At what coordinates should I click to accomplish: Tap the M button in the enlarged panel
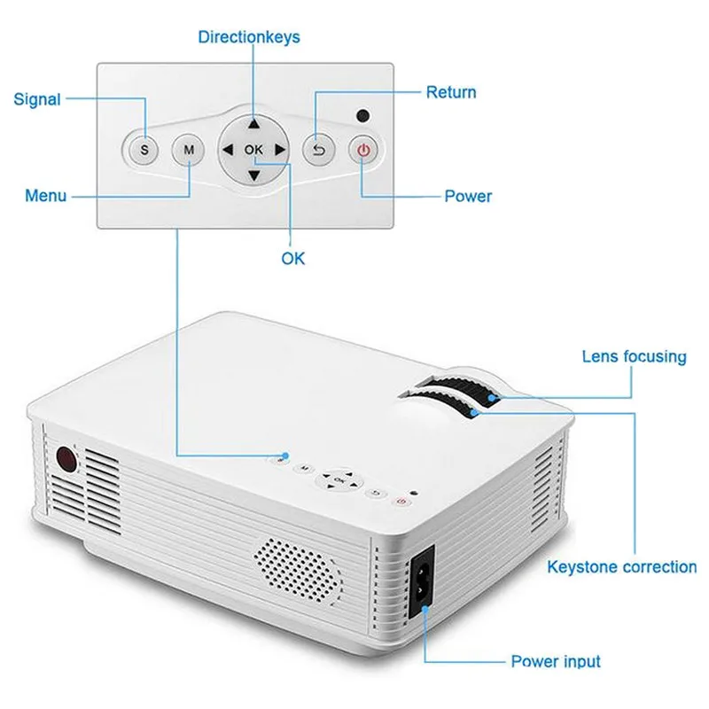pos(189,150)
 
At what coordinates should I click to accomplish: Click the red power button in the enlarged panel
pos(363,150)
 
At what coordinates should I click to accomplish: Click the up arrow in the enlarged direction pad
pos(254,125)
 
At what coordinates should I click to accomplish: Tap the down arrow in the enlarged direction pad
pos(254,175)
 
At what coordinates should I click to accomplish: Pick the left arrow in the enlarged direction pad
pos(228,151)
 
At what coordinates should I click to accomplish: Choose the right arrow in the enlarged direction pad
pos(280,151)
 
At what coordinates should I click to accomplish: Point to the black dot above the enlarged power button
pos(362,115)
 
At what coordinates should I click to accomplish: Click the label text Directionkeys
pos(249,37)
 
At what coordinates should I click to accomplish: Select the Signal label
pos(37,99)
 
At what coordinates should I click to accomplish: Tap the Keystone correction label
pos(621,567)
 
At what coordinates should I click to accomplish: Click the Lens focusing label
pos(634,357)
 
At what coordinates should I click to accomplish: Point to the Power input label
pos(556,661)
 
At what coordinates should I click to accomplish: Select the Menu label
pos(46,195)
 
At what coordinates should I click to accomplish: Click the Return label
pos(451,92)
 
